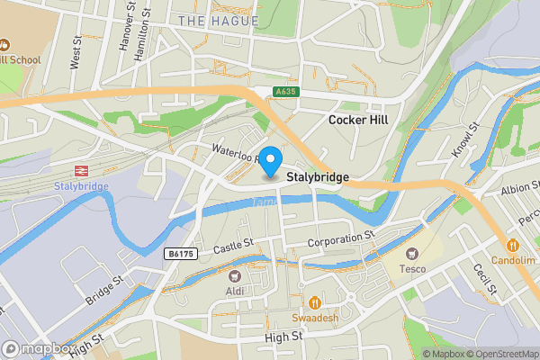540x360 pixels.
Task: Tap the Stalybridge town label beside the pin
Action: [x=318, y=178]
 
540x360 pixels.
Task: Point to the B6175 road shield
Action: [x=180, y=255]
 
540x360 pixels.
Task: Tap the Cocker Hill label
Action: [x=358, y=120]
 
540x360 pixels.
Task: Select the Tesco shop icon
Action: [x=413, y=255]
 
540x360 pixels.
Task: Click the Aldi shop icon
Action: [x=236, y=276]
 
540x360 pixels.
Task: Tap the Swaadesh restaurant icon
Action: [x=315, y=302]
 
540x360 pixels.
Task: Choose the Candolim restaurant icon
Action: [x=512, y=244]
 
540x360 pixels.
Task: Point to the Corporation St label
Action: [x=340, y=239]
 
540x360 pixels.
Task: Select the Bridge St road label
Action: [x=105, y=290]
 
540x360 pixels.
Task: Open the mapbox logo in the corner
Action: [x=38, y=349]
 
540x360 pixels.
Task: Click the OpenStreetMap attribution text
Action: [x=501, y=354]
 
